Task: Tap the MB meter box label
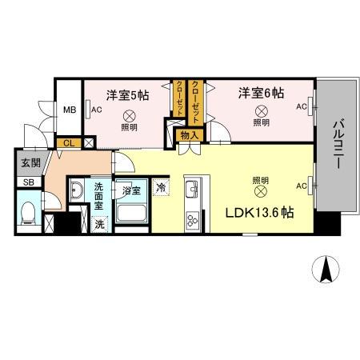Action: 70,110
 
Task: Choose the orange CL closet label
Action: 69,143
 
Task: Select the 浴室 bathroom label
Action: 131,190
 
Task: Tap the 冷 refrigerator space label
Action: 162,189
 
